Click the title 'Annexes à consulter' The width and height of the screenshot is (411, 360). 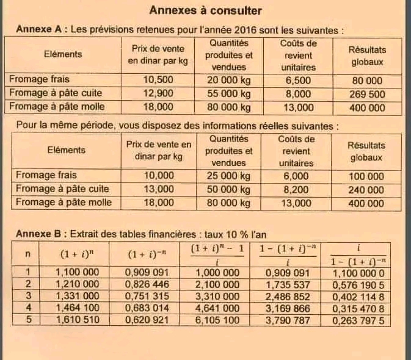coord(206,10)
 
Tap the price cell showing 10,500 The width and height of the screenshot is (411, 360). coord(158,80)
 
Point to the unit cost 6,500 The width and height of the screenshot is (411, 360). coord(298,80)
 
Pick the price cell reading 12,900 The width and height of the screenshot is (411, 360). coord(158,93)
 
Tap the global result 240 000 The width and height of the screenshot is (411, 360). coord(366,190)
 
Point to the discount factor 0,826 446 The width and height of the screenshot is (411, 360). coord(147,284)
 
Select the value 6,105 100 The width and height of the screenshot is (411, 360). coord(217,319)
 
